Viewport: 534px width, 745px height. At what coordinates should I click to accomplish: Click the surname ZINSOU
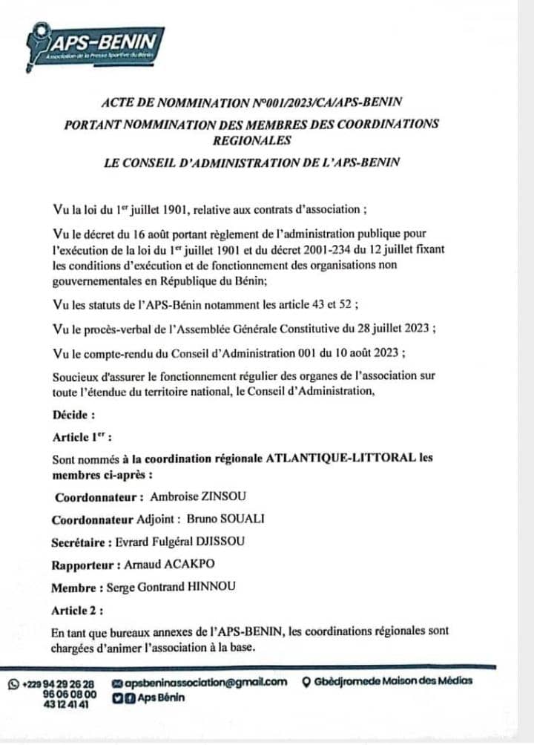pos(217,496)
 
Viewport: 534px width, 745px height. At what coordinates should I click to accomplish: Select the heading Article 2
pos(77,611)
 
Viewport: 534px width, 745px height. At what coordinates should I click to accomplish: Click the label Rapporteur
pos(82,565)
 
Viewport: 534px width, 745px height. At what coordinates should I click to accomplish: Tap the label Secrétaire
pos(82,542)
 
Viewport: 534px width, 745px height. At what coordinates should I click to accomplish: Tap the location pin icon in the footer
pos(306,683)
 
